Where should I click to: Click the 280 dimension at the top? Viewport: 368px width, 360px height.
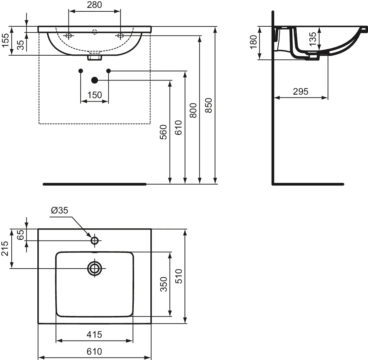(94, 5)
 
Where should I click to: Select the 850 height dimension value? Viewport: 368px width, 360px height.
(208, 105)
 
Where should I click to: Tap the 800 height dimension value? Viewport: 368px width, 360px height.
(193, 110)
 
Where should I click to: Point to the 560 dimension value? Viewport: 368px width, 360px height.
(163, 132)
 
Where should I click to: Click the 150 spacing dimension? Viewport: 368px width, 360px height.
(95, 95)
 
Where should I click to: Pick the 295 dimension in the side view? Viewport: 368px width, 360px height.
(300, 91)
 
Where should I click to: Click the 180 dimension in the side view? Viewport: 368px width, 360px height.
(254, 42)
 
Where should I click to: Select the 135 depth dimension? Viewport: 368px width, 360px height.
(313, 39)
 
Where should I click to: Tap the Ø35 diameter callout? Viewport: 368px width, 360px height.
(60, 210)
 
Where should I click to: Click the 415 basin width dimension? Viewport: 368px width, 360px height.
(94, 335)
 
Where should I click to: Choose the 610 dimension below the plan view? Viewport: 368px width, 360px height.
(94, 352)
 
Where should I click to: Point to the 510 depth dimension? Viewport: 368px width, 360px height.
(179, 276)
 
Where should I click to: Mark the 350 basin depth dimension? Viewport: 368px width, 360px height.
(164, 284)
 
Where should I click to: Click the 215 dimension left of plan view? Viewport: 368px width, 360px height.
(5, 248)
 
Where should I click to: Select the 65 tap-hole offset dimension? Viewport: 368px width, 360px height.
(21, 235)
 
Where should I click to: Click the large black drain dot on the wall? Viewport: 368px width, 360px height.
(94, 80)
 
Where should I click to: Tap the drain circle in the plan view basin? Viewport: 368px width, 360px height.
(95, 269)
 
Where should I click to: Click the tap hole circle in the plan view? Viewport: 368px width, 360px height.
(95, 241)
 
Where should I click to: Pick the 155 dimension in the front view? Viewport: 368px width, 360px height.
(5, 40)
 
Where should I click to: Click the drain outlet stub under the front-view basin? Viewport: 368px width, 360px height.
(95, 58)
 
